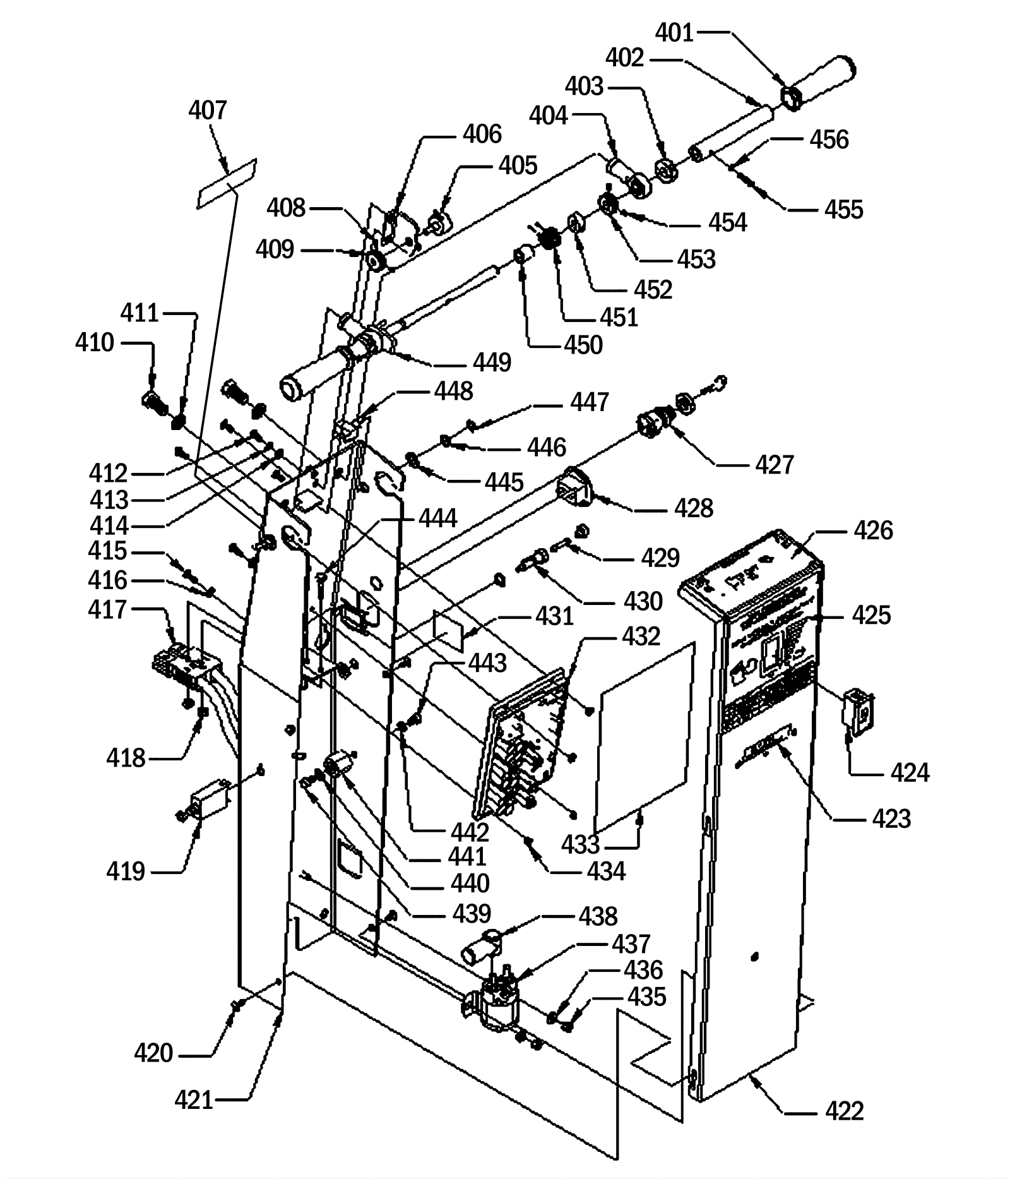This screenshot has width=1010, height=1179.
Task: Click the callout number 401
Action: point(674,33)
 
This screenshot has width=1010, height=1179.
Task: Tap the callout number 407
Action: point(207,111)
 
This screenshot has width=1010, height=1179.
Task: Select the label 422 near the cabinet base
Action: point(844,1111)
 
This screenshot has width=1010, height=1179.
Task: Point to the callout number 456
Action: point(829,140)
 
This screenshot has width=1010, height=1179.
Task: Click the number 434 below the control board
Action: point(606,871)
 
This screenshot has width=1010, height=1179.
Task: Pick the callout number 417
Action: point(107,610)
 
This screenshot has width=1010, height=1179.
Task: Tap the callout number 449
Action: point(492,362)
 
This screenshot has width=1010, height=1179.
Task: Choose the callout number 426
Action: point(874,531)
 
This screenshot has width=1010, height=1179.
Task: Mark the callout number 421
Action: point(194,1099)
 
